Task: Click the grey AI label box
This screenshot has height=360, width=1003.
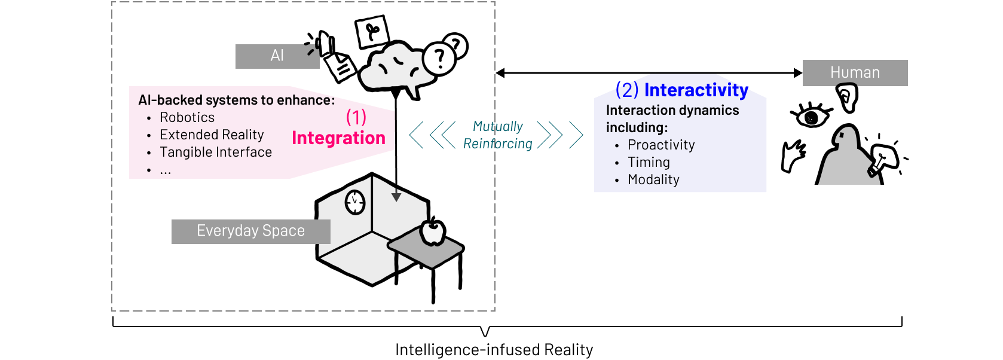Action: (277, 56)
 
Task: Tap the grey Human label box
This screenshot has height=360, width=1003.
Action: (855, 73)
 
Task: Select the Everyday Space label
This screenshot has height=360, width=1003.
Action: (250, 231)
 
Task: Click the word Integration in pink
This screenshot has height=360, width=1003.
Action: (338, 138)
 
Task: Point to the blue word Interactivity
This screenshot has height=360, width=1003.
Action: (696, 90)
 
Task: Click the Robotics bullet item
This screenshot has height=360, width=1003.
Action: (187, 118)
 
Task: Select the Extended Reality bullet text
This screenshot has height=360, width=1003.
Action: (212, 135)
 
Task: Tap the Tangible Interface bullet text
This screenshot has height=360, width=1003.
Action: (216, 152)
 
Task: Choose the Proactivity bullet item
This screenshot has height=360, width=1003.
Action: (661, 145)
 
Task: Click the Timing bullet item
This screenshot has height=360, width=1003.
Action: (649, 163)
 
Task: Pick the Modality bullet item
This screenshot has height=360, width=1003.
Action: (653, 180)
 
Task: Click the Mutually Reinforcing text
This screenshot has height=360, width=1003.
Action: (497, 135)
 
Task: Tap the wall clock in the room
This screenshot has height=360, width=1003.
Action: (355, 202)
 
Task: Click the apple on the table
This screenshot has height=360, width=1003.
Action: (432, 233)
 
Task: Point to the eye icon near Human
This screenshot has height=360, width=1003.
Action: (812, 118)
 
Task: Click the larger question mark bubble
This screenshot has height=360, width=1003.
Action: (439, 59)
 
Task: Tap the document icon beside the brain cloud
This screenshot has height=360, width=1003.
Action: (341, 66)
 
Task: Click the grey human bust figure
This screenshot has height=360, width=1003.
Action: (848, 158)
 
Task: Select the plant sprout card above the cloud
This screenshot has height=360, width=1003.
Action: (372, 31)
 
